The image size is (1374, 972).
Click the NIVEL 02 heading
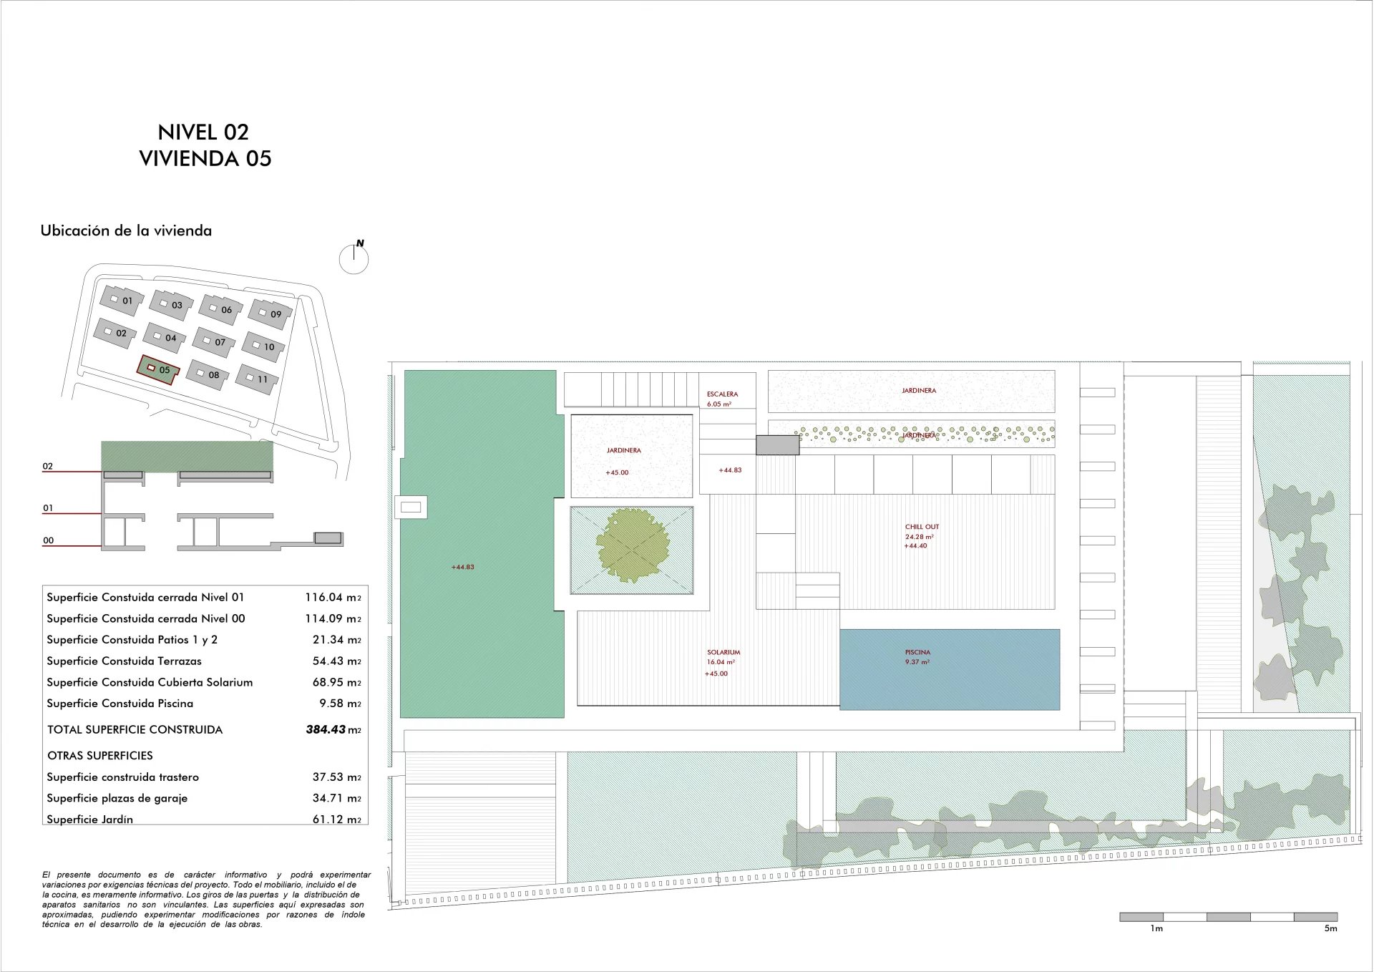(203, 132)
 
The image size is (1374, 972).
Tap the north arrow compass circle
(354, 260)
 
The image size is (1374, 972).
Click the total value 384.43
(326, 730)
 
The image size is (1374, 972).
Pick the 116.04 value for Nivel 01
(324, 598)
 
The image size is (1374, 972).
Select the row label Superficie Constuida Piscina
(120, 704)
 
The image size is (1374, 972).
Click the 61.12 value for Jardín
(328, 820)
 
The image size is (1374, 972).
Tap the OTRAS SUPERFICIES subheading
(100, 756)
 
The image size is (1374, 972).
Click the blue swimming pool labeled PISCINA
(950, 670)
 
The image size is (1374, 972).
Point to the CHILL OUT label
(922, 527)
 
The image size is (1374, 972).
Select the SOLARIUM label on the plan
(723, 653)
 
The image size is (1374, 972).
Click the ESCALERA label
(722, 394)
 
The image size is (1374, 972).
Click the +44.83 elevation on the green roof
(462, 568)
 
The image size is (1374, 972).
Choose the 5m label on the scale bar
(1330, 929)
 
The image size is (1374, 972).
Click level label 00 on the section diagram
(48, 541)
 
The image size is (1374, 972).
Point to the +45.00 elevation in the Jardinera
(617, 473)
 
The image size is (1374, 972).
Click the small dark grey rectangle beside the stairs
(778, 445)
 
